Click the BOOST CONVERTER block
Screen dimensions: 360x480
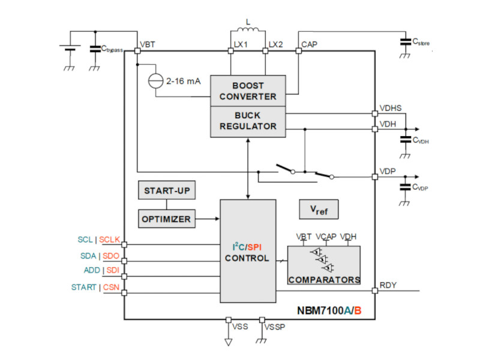click(x=247, y=91)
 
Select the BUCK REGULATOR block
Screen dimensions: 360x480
click(x=247, y=121)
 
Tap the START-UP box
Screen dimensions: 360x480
click(x=167, y=191)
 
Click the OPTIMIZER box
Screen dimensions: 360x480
click(x=166, y=218)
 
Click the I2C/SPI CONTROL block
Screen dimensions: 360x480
click(x=247, y=252)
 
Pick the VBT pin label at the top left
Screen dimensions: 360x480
click(x=148, y=44)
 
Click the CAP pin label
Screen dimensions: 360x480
click(x=310, y=44)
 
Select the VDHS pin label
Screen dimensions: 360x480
click(x=391, y=108)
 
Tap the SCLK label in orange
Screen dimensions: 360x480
click(x=110, y=239)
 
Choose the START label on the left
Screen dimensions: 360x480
click(x=83, y=287)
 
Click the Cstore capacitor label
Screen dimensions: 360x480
click(x=421, y=42)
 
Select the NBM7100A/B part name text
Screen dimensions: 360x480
click(x=329, y=310)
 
